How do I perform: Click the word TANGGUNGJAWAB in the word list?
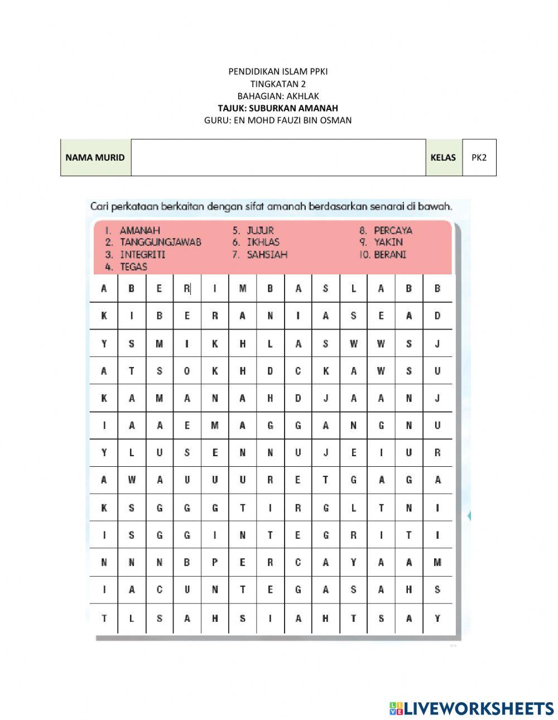(x=160, y=242)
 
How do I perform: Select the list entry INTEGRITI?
(x=142, y=254)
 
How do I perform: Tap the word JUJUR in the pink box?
(x=260, y=230)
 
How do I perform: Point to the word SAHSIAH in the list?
(x=267, y=254)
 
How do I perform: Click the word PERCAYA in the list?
(x=393, y=230)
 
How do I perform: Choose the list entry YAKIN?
(x=388, y=242)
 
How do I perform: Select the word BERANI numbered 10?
(x=390, y=254)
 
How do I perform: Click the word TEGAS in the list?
(x=133, y=267)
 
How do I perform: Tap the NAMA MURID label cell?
(x=95, y=157)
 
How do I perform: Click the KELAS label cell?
(x=443, y=157)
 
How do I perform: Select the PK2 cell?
(x=479, y=157)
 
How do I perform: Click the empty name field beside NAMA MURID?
(x=278, y=157)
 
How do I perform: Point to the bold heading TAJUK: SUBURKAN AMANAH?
(x=278, y=108)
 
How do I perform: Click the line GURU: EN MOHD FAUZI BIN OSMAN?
(x=278, y=120)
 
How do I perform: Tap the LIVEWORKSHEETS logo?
(x=472, y=708)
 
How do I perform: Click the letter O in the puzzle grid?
(x=187, y=371)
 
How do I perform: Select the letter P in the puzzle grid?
(x=215, y=563)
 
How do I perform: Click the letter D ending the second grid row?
(x=437, y=316)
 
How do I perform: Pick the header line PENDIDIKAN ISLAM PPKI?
(x=278, y=71)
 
